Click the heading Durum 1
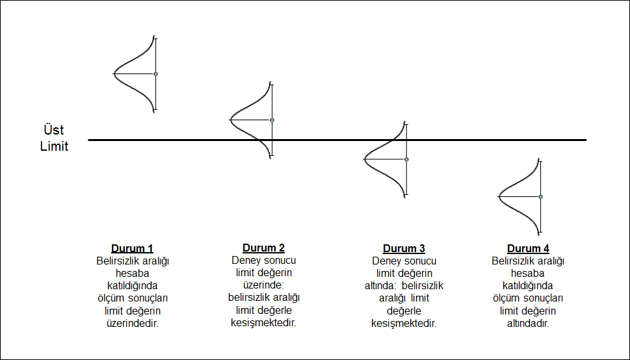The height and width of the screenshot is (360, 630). (133, 248)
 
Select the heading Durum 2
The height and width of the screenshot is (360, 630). (263, 248)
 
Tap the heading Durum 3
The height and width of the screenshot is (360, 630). (404, 249)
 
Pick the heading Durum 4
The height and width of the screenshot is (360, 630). (528, 249)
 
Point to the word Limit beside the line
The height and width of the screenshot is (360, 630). (55, 146)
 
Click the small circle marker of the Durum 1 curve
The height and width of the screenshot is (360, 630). (156, 74)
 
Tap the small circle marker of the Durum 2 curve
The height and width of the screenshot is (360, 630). (272, 120)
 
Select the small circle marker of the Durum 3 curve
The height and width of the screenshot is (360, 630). (406, 159)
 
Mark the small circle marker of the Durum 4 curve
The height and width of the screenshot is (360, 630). (540, 196)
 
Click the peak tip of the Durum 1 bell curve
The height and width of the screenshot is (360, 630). (115, 73)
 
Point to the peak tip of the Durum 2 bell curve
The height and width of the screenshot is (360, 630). (231, 120)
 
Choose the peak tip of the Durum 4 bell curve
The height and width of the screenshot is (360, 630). (499, 196)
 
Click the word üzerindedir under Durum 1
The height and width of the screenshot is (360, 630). (133, 322)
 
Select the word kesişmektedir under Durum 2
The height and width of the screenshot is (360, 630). (263, 323)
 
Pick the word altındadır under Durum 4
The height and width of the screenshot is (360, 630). (528, 323)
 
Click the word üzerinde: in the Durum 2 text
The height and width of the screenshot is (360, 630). (263, 285)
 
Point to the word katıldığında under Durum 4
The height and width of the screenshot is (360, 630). (528, 285)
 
